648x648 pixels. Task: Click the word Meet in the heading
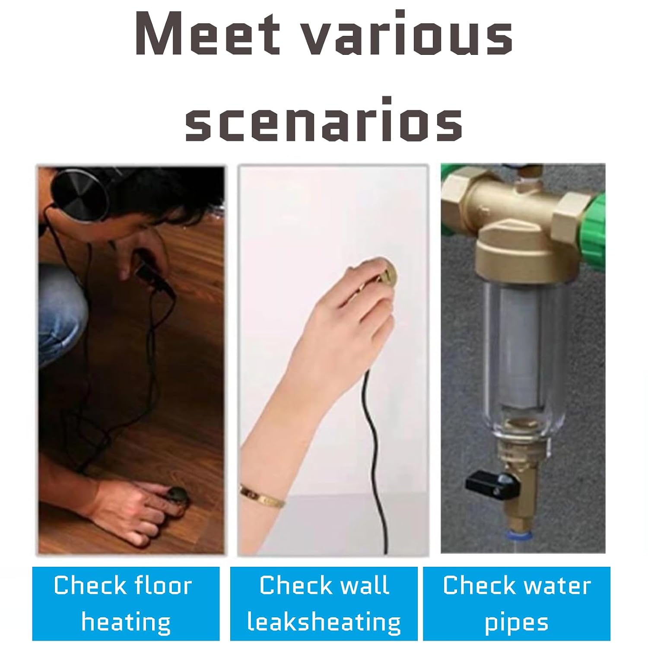[x=207, y=34]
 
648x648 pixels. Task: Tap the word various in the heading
[x=406, y=34]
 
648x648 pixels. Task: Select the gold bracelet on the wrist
[x=262, y=496]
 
